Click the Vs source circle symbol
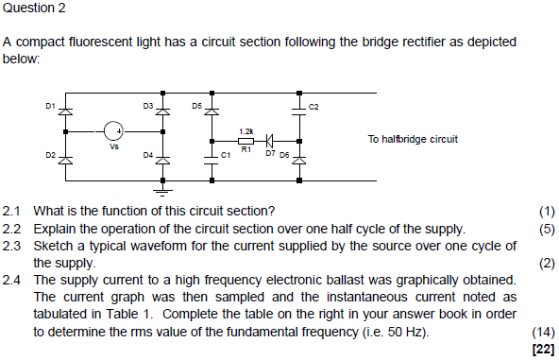(x=112, y=131)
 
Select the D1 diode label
(x=51, y=105)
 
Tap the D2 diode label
(x=51, y=152)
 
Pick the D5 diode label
(x=196, y=105)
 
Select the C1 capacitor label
(x=225, y=153)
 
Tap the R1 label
(x=246, y=149)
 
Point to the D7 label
(x=270, y=151)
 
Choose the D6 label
(x=285, y=151)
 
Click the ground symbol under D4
(x=162, y=190)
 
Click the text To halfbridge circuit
(x=413, y=139)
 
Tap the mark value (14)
(x=544, y=333)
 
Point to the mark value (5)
(x=547, y=229)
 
